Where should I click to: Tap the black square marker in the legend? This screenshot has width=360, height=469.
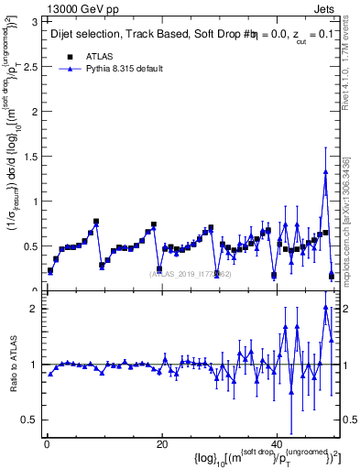click(70, 56)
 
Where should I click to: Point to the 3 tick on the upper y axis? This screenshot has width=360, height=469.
click(36, 21)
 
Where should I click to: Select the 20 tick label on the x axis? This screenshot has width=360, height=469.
click(161, 444)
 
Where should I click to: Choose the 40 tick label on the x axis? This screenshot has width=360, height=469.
click(277, 444)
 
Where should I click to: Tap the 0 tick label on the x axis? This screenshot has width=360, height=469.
click(46, 444)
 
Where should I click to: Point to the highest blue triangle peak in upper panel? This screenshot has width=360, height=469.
click(325, 171)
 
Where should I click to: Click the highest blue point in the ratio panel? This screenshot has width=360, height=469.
click(325, 307)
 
